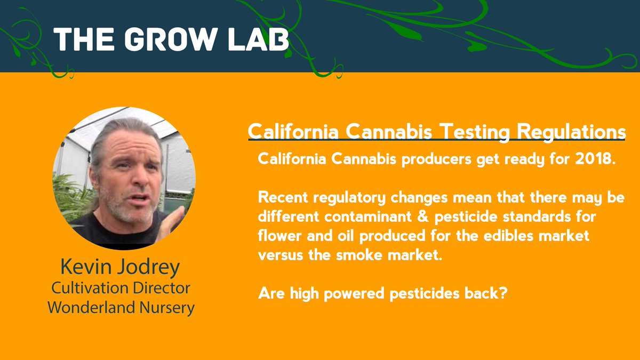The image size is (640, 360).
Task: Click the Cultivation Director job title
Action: click(121, 289)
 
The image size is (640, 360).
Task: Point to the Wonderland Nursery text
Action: click(121, 308)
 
